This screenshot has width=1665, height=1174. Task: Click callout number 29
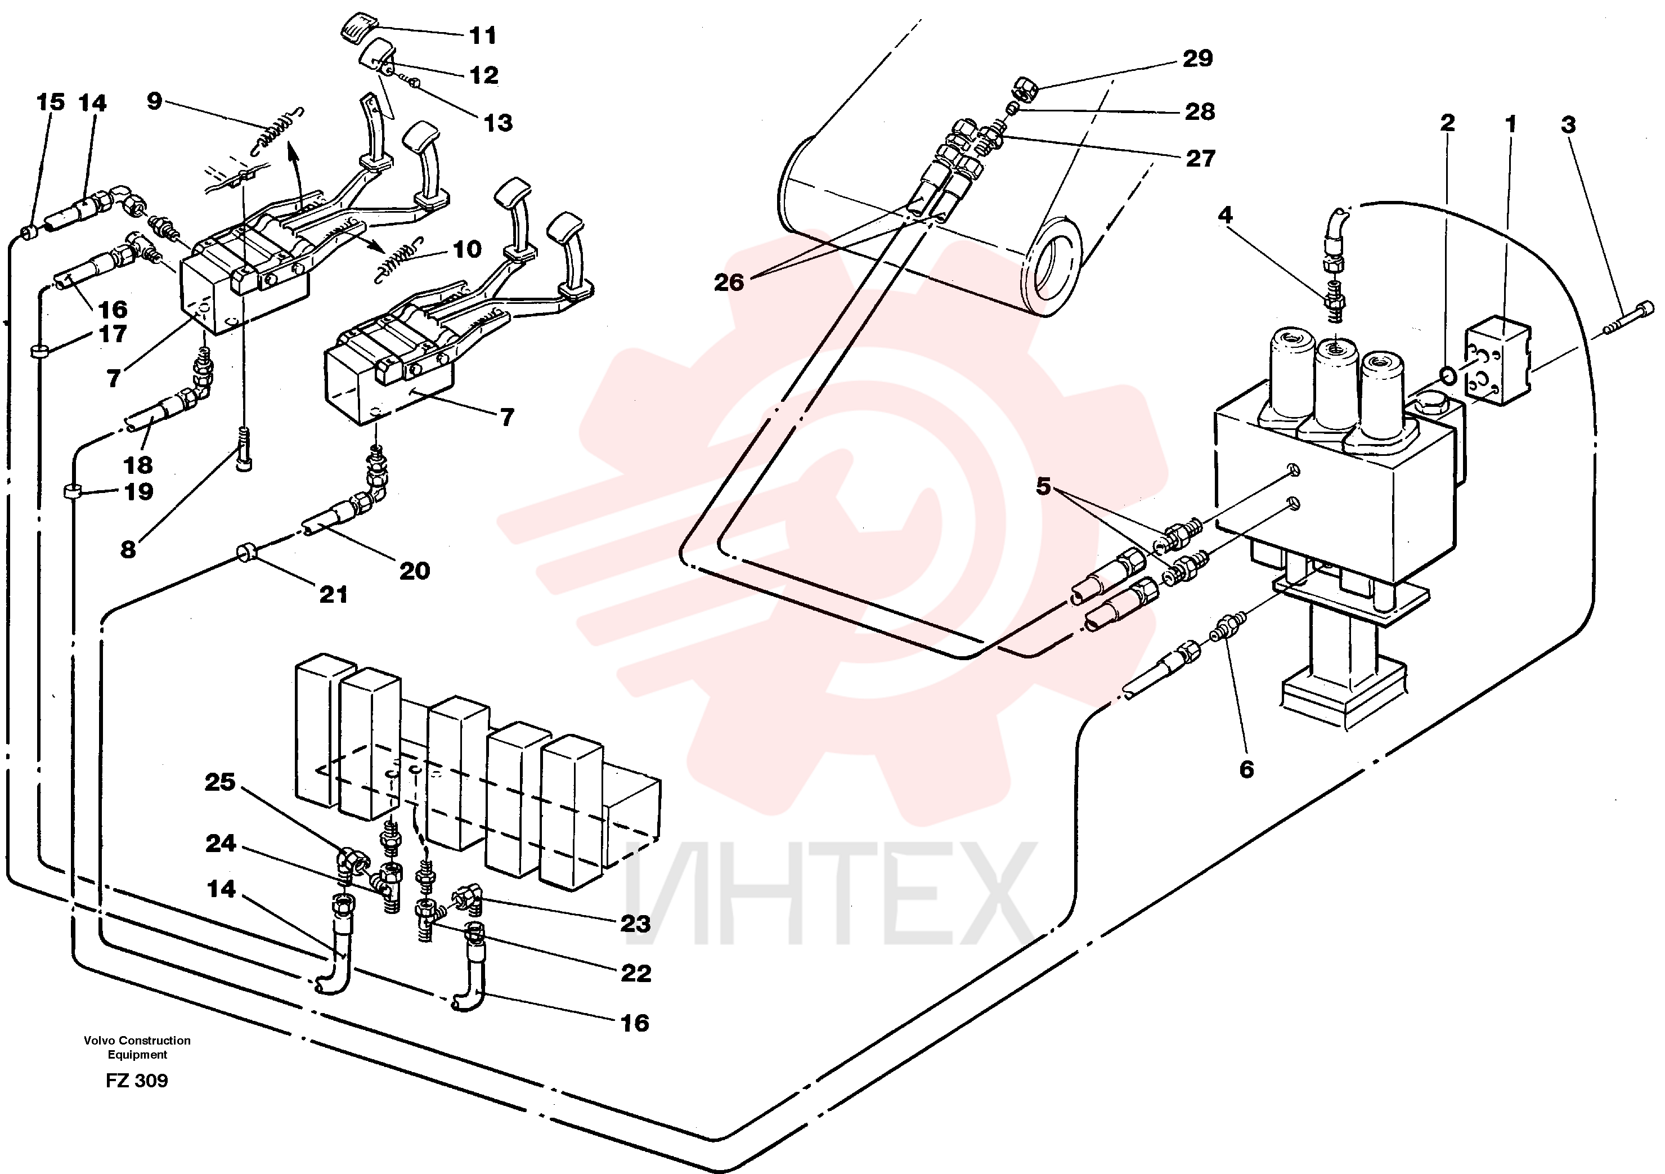pyautogui.click(x=1197, y=58)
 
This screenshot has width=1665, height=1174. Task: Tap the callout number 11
pyautogui.click(x=483, y=35)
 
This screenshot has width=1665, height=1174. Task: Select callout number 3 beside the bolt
pyautogui.click(x=1568, y=125)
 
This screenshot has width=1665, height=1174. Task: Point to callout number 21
pyautogui.click(x=334, y=595)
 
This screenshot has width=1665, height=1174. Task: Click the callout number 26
pyautogui.click(x=729, y=282)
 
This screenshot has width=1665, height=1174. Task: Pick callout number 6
pyautogui.click(x=1246, y=769)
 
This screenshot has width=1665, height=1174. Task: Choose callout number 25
pyautogui.click(x=221, y=782)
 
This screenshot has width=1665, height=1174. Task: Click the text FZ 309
pyautogui.click(x=137, y=1081)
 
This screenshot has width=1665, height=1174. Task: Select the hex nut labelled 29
pyautogui.click(x=1025, y=91)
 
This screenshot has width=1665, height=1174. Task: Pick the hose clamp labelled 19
pyautogui.click(x=70, y=492)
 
